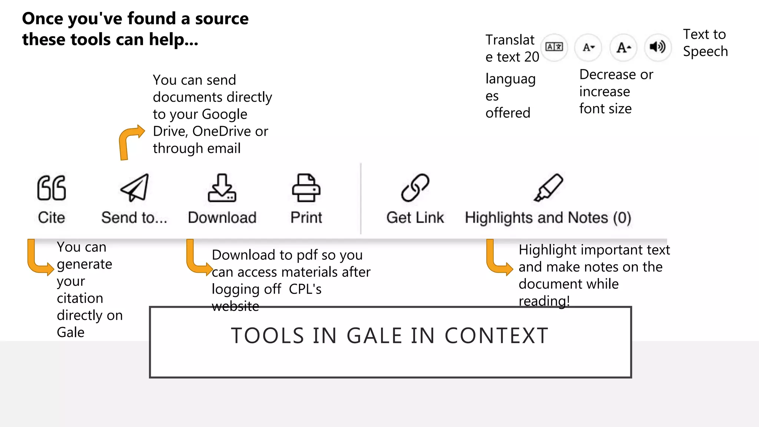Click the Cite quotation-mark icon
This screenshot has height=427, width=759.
click(x=52, y=188)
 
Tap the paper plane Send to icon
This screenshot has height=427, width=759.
click(x=135, y=188)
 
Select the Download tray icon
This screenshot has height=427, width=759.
click(x=222, y=188)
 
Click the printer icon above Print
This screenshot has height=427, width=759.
click(x=306, y=188)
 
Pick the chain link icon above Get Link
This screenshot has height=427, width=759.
click(x=415, y=188)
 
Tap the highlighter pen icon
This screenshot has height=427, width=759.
click(x=548, y=188)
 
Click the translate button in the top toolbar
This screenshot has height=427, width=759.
click(x=554, y=47)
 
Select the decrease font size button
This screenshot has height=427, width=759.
click(x=588, y=47)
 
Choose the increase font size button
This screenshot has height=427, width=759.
click(x=623, y=47)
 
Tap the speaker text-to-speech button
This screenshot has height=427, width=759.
click(x=657, y=47)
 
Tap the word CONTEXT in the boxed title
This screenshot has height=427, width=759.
click(x=496, y=336)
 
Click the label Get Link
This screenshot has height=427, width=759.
click(x=415, y=218)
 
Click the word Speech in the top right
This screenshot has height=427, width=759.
click(x=705, y=51)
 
